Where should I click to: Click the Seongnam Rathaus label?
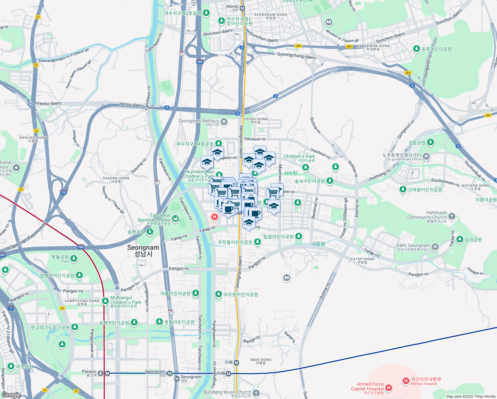tap(199, 121)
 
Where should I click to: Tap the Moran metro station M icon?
tap(243, 8)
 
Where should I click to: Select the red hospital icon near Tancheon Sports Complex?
tap(215, 217)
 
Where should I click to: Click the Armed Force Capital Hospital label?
tap(367, 386)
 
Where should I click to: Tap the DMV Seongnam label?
tap(413, 246)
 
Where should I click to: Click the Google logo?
tap(11, 395)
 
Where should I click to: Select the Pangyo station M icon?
tap(107, 373)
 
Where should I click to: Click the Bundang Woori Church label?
tap(227, 392)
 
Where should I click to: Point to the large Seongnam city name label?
tap(143, 248)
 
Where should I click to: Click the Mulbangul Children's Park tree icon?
tap(105, 301)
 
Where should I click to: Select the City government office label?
tap(403, 159)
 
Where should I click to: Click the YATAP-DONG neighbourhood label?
tap(362, 259)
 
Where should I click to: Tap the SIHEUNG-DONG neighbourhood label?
tap(33, 138)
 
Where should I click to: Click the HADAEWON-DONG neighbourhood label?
tap(373, 46)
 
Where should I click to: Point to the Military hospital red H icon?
tap(406, 381)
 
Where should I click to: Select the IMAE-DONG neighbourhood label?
tap(261, 360)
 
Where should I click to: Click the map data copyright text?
tap(471, 396)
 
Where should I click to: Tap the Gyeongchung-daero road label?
tap(296, 56)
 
